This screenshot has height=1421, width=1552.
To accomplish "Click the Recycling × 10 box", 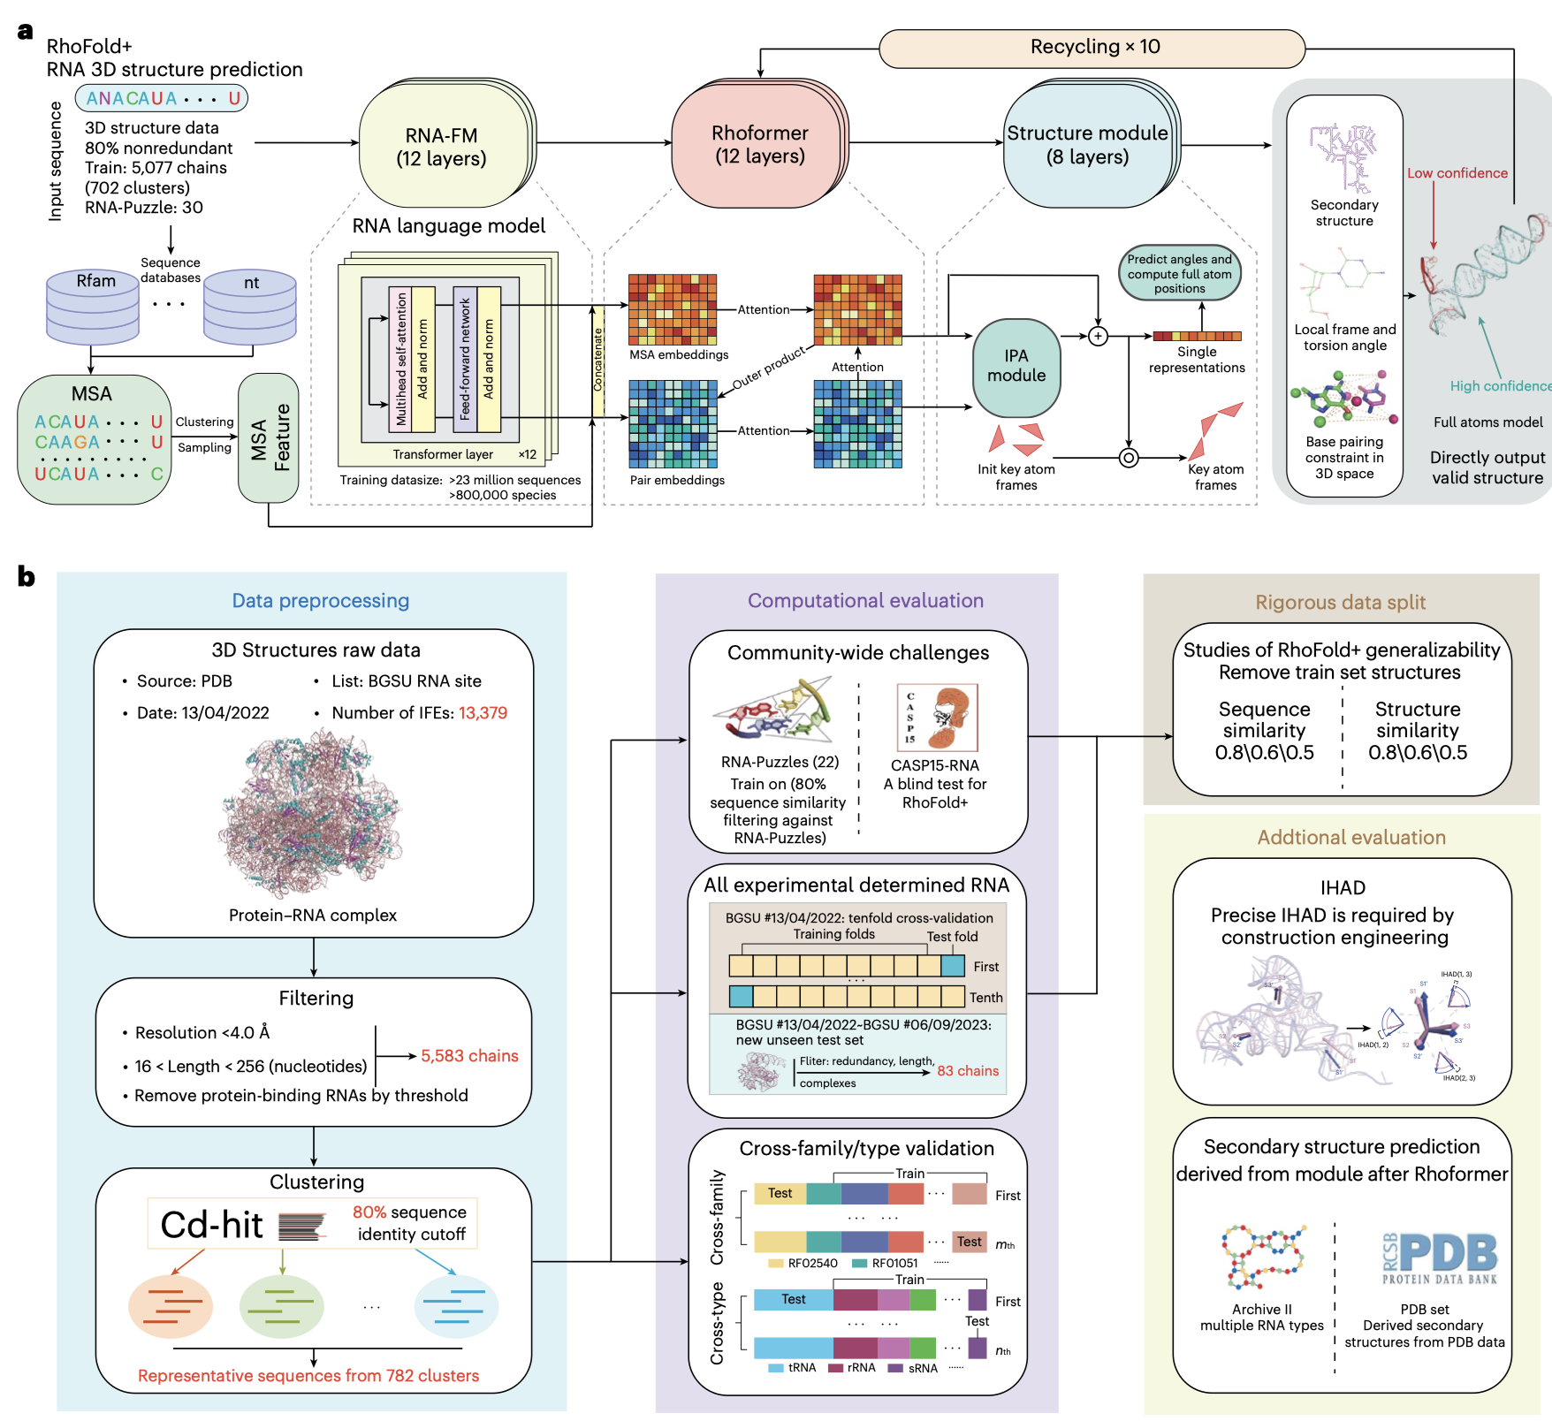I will tap(1092, 48).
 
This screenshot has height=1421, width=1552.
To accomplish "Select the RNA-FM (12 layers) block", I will tap(442, 147).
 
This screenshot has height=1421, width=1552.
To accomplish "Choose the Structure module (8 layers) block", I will tap(1087, 145).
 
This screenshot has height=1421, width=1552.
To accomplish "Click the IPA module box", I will tap(1016, 367).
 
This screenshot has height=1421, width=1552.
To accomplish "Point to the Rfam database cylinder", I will tap(93, 305).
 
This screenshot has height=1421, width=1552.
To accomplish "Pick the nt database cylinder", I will tap(250, 305).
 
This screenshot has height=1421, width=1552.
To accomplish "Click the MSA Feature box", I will tap(269, 437).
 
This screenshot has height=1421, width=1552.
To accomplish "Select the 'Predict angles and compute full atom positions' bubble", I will tap(1179, 273).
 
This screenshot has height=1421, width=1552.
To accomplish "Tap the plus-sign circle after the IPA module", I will tap(1098, 336).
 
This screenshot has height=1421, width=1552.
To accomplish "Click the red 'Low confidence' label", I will tap(1457, 173).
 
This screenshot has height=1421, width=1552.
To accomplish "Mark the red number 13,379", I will tap(483, 713).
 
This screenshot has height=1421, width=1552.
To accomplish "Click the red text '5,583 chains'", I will tap(469, 1056).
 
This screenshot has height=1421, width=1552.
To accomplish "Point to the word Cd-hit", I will tap(212, 1225).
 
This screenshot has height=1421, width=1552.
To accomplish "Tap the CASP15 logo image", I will tap(937, 718).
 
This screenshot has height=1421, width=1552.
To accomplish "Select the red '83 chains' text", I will tap(968, 1071).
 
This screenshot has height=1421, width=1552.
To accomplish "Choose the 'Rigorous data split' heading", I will tap(1340, 603).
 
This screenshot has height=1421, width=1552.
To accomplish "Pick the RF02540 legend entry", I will tap(803, 1264).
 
